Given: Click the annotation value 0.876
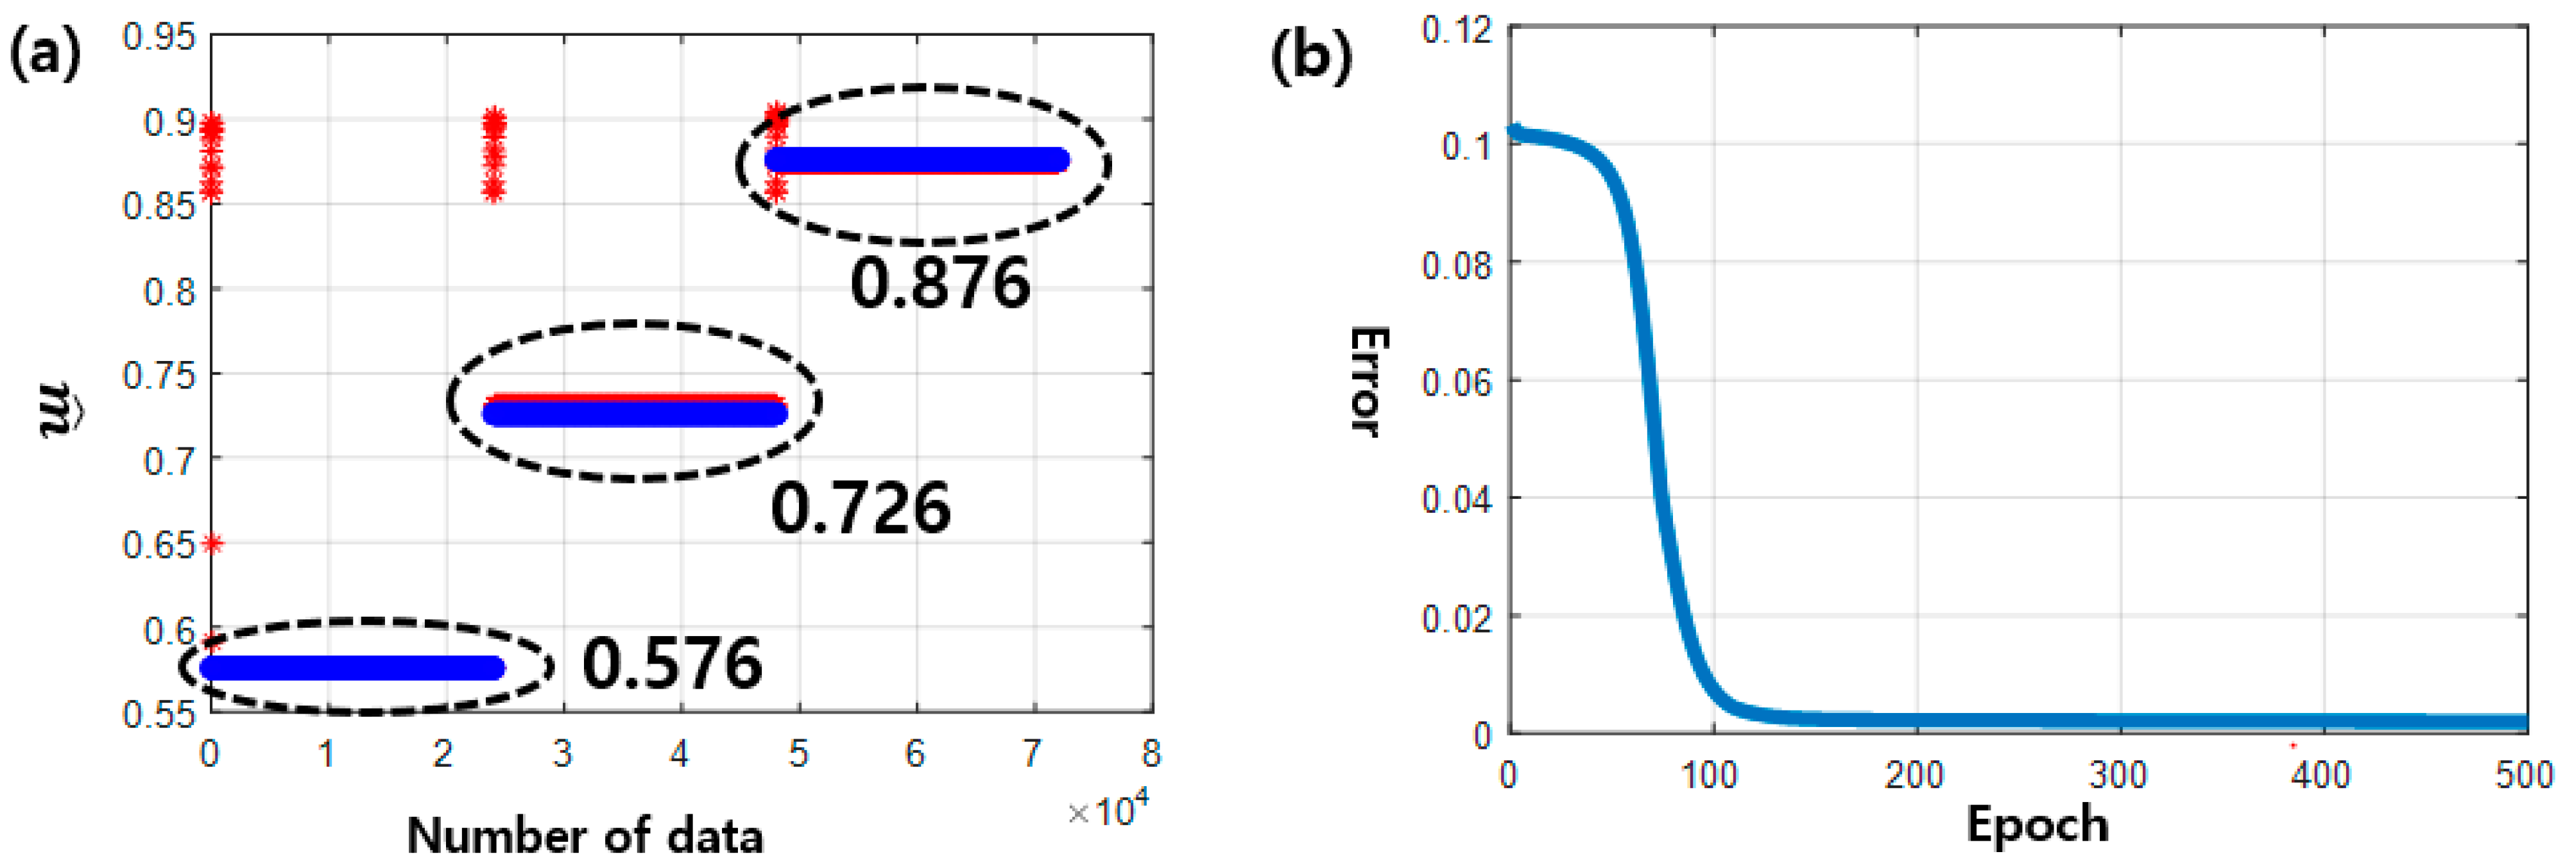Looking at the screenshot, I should pos(940,283).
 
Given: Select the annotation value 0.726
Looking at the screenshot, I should pos(861,508).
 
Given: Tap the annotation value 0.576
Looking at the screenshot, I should pos(672,664).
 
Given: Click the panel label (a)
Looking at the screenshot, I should pos(45,54).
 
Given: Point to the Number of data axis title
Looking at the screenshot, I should pos(585,834).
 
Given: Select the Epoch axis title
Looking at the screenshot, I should pos(2037,824).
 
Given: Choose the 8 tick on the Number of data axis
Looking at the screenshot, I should pos(1151,753).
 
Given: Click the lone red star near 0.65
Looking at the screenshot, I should pos(212,544).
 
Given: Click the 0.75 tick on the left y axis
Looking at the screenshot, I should pos(159,375).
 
